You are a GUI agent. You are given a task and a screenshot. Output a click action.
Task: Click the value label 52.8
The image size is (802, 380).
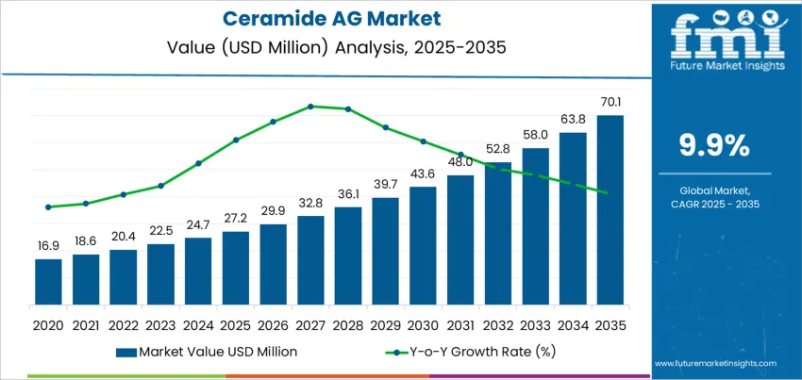(498, 148)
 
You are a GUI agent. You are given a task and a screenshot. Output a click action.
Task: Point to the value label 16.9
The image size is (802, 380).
(48, 245)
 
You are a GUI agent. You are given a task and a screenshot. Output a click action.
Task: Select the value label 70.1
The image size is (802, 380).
(610, 101)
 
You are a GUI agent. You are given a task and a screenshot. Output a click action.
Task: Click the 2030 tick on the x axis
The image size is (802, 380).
(423, 324)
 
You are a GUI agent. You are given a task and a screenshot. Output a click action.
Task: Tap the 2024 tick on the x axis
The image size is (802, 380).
(198, 324)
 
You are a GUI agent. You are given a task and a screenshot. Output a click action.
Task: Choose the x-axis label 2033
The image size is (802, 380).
(535, 324)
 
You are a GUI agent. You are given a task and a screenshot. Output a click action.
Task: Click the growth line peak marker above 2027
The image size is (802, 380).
(310, 107)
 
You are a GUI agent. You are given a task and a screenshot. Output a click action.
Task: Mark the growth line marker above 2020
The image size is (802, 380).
(48, 207)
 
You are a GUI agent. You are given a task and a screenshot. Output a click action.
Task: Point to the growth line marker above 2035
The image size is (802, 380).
(604, 192)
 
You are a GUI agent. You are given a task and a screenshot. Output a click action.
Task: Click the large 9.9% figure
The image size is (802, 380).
(714, 145)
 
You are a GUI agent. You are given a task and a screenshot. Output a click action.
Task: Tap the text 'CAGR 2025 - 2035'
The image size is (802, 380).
(714, 204)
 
